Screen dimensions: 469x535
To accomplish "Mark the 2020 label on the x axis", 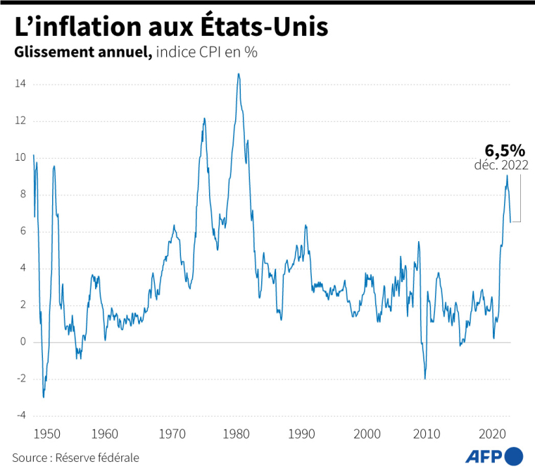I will [498, 432].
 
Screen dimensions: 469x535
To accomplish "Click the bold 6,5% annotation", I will [504, 150].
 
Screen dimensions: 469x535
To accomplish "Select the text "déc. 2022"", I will [501, 166].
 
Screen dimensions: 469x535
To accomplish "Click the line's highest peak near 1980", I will [239, 74].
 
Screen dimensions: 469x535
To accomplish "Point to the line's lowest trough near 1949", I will [44, 397].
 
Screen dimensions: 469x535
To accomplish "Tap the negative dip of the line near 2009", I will [424, 379].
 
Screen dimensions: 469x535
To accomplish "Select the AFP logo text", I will [484, 456].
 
